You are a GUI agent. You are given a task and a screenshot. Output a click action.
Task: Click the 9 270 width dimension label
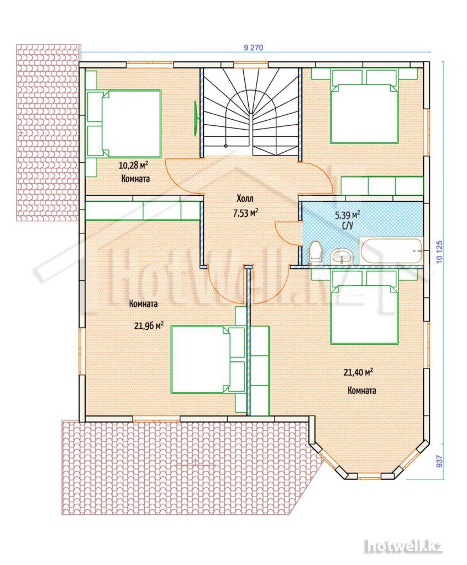[254, 47]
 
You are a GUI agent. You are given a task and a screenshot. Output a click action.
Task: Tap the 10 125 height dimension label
[439, 252]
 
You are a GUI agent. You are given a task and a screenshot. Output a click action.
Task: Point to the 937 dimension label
[439, 461]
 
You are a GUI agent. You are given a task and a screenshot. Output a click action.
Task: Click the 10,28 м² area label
[134, 166]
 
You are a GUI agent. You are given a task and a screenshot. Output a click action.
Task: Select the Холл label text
[245, 199]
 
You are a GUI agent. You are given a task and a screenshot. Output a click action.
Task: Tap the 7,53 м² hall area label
[245, 213]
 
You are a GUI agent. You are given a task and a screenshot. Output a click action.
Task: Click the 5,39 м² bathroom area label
[348, 216]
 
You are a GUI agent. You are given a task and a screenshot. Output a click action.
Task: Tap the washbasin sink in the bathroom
[341, 257]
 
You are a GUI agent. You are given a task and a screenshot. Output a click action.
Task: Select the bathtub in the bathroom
[391, 251]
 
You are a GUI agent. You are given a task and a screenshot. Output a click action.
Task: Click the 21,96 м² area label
[149, 326]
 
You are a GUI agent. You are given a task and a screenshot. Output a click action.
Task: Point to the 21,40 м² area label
[358, 372]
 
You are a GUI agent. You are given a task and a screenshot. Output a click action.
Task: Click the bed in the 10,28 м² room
[124, 124]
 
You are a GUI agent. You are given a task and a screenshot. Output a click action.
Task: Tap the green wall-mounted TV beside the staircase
[196, 119]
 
